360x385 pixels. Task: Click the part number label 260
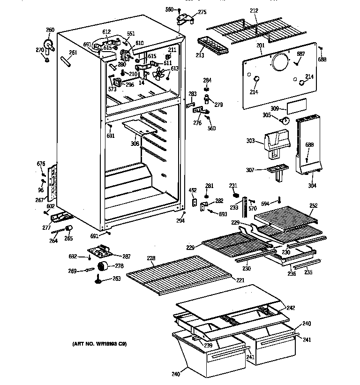click(50, 30)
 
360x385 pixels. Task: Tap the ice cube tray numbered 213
click(213, 45)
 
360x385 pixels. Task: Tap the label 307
click(250, 170)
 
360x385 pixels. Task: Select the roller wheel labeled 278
click(103, 267)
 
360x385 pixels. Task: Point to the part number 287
click(126, 257)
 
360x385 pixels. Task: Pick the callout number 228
click(151, 259)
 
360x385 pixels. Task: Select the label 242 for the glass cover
click(291, 308)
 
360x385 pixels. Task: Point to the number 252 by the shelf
click(313, 206)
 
